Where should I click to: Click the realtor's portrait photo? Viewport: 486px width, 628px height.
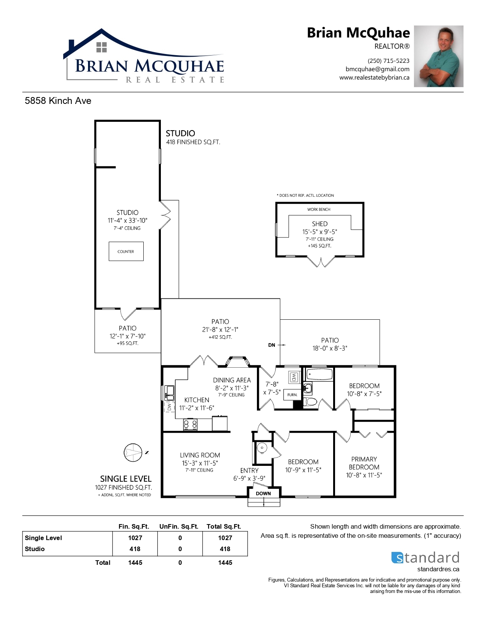(438, 56)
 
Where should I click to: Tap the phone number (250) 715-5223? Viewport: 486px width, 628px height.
(388, 61)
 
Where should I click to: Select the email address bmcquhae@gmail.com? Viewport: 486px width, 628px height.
(377, 69)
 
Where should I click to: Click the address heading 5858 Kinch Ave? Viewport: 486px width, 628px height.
(58, 100)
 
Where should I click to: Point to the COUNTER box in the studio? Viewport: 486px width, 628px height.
(126, 251)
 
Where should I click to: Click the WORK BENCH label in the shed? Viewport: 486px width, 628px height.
(319, 209)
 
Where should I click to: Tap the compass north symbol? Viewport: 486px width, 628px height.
(133, 452)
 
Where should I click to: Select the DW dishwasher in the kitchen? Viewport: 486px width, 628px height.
(170, 407)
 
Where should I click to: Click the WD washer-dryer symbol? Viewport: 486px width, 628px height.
(294, 378)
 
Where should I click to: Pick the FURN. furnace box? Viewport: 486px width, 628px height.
(292, 394)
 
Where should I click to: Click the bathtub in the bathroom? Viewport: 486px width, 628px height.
(319, 374)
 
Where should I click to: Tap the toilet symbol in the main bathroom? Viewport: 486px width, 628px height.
(311, 402)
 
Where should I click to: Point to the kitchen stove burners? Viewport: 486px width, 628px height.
(191, 424)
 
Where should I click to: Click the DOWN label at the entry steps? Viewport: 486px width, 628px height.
(263, 493)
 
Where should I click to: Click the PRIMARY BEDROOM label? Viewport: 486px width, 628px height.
(364, 463)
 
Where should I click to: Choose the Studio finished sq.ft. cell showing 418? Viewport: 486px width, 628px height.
(135, 549)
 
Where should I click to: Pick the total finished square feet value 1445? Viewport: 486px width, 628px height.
(135, 563)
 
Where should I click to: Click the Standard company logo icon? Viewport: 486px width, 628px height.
(397, 558)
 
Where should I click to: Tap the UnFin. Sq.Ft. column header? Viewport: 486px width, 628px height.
(179, 526)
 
